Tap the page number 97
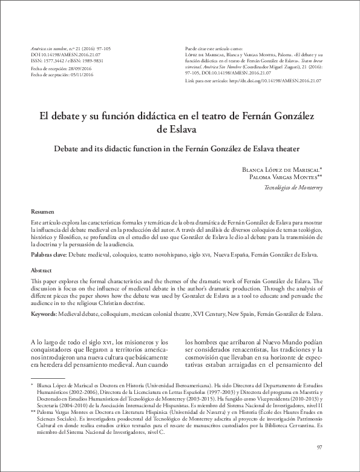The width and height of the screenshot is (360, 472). click(x=319, y=447)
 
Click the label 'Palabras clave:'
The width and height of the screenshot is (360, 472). click(x=48, y=255)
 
